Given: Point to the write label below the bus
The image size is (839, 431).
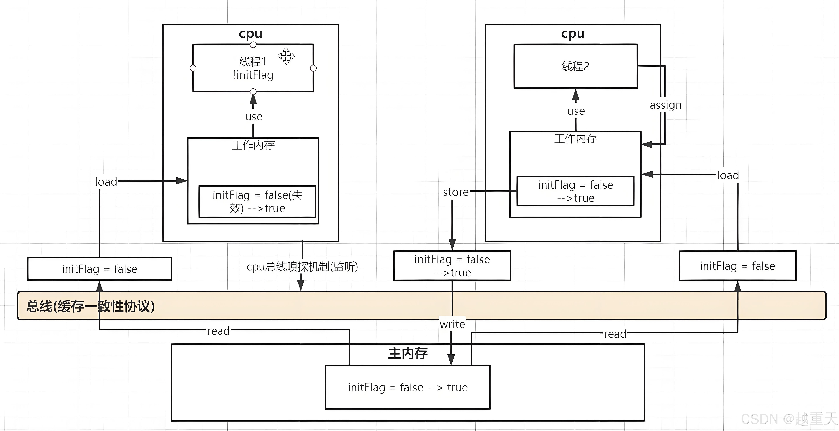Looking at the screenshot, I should coord(452,324).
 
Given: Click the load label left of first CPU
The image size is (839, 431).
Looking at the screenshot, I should coord(106,182).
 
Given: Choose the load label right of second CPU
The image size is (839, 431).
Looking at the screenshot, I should coord(728,175).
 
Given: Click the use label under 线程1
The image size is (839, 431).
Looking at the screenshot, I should coord(253,116).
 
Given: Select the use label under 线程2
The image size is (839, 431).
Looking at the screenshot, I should coord(576,111).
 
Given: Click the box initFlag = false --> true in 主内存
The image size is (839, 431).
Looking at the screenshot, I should coord(407,387).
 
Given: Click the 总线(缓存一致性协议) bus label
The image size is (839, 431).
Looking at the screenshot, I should coord(91,306).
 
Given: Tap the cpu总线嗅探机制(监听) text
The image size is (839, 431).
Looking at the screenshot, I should coord(302,267).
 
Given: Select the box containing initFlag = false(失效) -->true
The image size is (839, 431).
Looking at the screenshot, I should coord(257,201).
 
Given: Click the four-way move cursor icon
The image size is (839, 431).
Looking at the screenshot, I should coord(286,56).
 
